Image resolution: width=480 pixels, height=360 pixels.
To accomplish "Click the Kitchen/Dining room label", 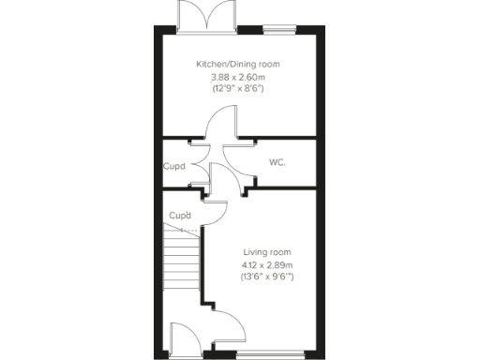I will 237,64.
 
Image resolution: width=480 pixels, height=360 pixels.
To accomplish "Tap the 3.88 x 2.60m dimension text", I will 237,76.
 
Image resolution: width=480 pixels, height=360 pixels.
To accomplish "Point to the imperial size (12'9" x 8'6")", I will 237,88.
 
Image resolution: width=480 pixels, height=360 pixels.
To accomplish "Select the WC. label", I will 277,162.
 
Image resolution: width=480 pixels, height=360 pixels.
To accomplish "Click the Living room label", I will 267,252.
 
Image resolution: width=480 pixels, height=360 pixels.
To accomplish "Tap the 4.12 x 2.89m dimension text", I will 267,264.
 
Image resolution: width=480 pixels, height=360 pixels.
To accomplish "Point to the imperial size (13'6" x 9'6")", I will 267,277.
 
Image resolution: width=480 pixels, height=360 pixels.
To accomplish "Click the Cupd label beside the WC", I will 173,168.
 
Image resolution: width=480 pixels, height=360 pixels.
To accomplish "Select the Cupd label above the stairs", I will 179,216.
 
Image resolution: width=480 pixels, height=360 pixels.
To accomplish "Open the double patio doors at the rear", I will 207,16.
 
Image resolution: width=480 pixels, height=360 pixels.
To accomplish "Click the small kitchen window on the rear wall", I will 276,29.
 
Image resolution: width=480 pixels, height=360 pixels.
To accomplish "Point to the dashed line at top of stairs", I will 182,230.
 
